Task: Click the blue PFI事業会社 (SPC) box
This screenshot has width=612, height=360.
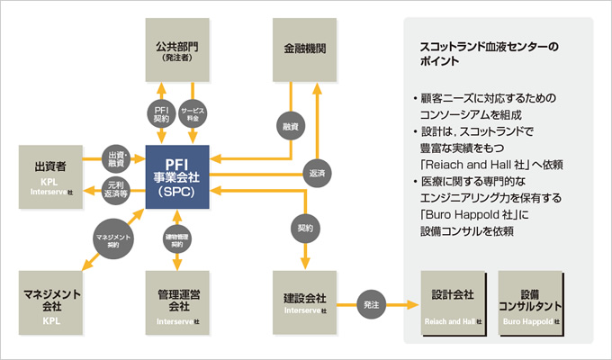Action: click(x=176, y=179)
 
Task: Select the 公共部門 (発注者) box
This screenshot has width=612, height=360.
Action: click(x=176, y=49)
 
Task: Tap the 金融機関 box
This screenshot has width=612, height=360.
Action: click(x=304, y=49)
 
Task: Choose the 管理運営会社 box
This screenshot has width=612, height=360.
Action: click(x=176, y=302)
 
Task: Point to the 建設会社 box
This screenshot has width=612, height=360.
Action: click(x=304, y=302)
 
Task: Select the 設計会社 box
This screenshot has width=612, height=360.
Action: click(x=455, y=302)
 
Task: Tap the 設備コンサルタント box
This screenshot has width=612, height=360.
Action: click(x=531, y=302)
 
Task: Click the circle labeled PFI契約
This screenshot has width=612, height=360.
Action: click(x=160, y=112)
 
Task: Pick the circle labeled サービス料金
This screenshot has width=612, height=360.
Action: click(x=193, y=112)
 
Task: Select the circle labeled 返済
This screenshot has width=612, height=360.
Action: click(x=316, y=173)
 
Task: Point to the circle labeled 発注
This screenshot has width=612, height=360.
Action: click(x=372, y=304)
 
